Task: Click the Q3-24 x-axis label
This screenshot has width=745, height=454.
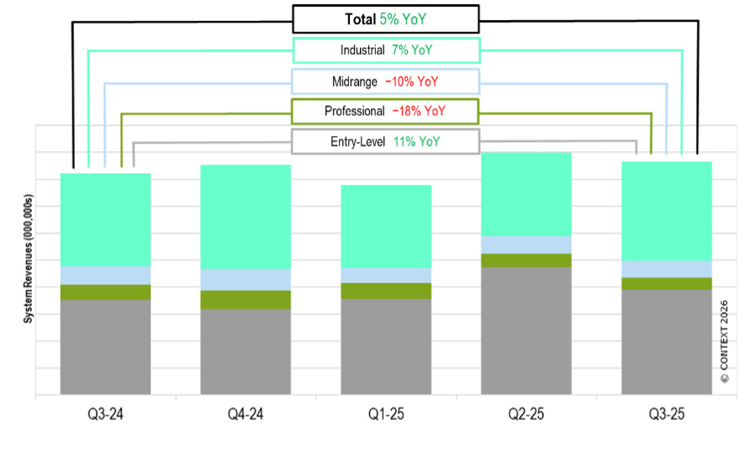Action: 105,414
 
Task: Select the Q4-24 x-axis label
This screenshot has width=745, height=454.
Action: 246,414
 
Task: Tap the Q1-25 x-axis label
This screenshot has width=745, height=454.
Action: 386,414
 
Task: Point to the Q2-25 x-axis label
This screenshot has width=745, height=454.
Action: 526,414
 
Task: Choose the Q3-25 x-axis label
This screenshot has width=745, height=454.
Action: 667,414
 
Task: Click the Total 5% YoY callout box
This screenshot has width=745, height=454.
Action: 385,18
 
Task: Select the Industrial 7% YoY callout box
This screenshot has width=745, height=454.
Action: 385,50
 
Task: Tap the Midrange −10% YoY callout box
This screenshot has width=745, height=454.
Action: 385,82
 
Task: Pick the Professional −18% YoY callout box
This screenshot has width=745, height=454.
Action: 385,111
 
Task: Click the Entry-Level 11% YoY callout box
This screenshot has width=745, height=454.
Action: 385,142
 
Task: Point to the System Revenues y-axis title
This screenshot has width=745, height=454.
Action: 28,259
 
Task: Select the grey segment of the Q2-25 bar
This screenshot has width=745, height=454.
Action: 526,330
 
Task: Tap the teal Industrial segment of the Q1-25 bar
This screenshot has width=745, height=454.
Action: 386,226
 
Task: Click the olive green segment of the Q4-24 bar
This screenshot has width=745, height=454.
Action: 246,299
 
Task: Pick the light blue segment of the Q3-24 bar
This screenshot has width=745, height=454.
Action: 105,275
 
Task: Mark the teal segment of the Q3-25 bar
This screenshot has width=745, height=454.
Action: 667,210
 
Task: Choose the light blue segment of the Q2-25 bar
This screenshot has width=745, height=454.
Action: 526,245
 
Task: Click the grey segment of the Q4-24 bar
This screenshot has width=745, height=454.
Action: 246,351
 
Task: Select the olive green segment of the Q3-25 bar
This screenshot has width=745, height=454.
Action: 667,283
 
